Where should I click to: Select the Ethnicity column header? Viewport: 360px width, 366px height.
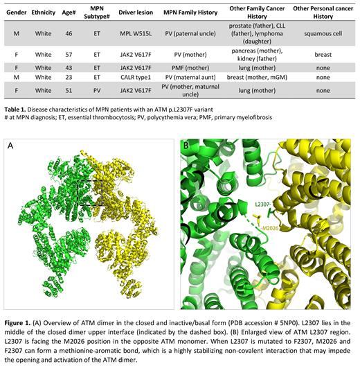pos(44,12)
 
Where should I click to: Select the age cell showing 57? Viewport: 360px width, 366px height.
pos(68,52)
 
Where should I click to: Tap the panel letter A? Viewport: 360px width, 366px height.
pos(12,146)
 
